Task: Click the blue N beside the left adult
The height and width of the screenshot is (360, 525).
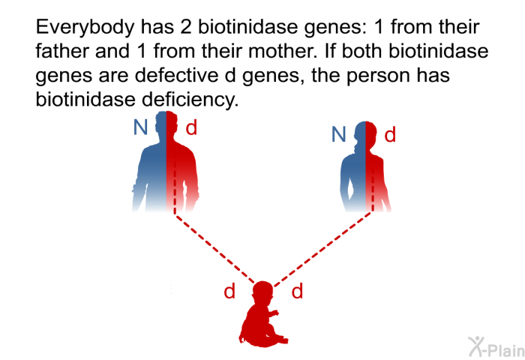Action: [140, 128]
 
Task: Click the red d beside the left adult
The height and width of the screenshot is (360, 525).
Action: [191, 128]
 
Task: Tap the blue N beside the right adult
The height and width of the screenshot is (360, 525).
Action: [339, 135]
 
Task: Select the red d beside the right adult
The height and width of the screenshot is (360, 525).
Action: [390, 136]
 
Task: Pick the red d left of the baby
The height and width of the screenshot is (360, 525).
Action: [229, 292]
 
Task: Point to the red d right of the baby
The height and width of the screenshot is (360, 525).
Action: [297, 292]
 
